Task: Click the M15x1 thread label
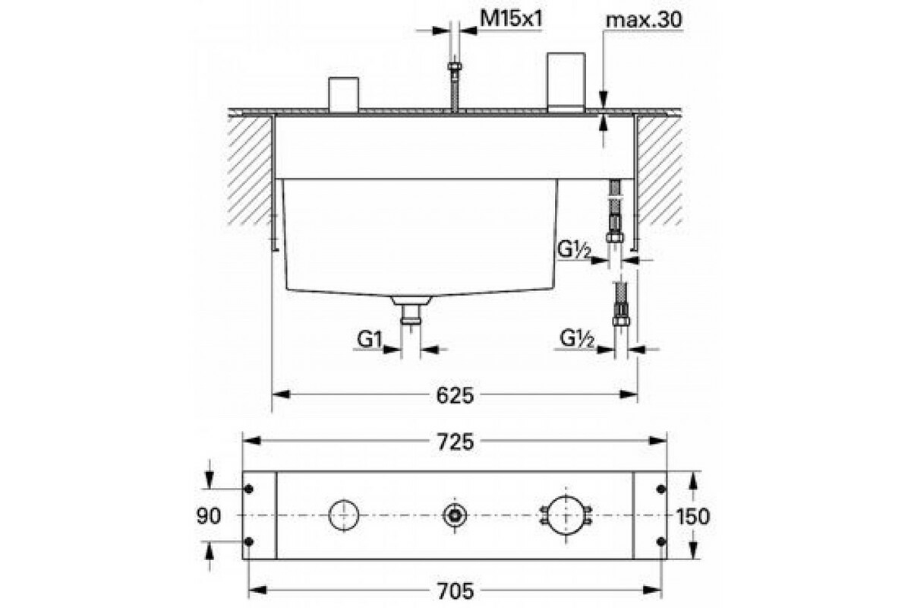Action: [x=511, y=19]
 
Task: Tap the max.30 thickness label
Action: [x=644, y=20]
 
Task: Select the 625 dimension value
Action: [x=455, y=395]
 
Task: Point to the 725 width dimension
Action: [x=455, y=442]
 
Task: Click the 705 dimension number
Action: [x=455, y=591]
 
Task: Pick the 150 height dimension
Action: [x=692, y=516]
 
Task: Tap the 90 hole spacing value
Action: [x=209, y=515]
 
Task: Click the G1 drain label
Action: [x=370, y=339]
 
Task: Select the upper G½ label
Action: [x=573, y=249]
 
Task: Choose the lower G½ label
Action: [x=577, y=339]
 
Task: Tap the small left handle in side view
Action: [x=344, y=94]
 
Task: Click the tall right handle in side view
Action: [x=566, y=82]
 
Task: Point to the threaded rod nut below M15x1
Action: [x=454, y=66]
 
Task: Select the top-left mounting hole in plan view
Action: [x=249, y=489]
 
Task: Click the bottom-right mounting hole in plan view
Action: [x=661, y=541]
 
